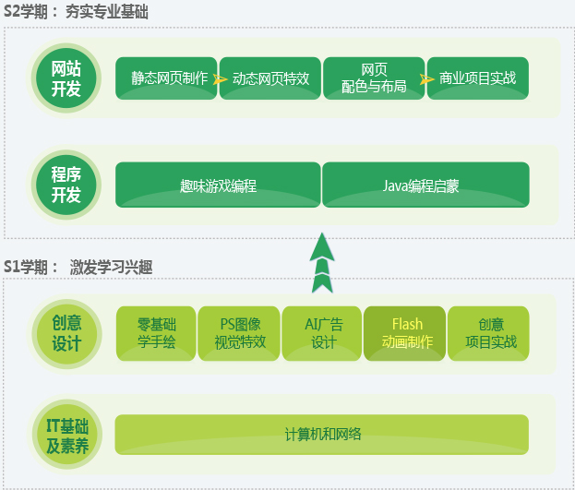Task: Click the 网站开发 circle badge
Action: point(66,78)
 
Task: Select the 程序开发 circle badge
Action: point(66,184)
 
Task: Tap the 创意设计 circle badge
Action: point(66,333)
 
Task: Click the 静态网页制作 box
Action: point(166,78)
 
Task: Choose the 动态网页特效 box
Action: point(269,78)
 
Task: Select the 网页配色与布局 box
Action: point(374,78)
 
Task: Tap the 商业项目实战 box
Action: point(478,78)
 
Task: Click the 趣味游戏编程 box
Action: point(218,185)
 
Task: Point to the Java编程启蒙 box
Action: point(425,185)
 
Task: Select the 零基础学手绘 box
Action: point(156,333)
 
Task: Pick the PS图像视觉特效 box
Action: point(240,333)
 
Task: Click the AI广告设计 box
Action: point(323,333)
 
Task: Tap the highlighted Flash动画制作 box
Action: point(406,333)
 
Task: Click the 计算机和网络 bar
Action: point(322,435)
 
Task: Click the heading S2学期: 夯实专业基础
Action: point(77,13)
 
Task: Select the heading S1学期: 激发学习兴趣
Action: point(78,268)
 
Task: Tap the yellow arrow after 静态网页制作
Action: point(220,79)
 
